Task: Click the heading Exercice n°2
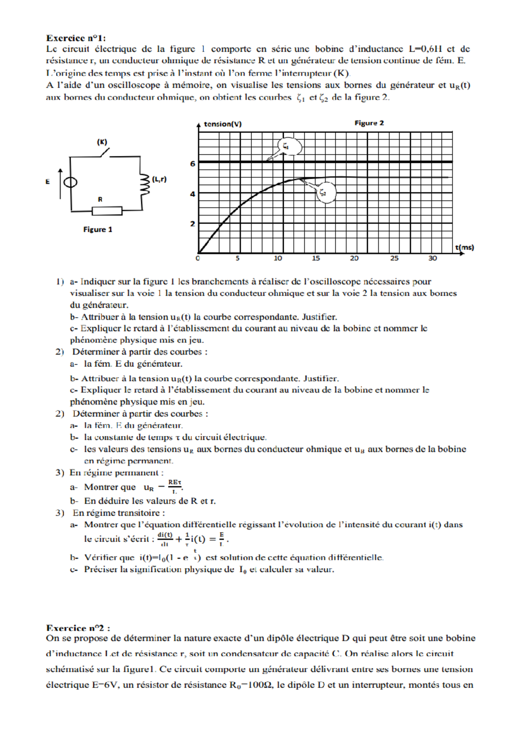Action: point(78,628)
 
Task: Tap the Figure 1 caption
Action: point(98,230)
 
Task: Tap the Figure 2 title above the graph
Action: point(369,123)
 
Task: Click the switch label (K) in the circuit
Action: point(102,142)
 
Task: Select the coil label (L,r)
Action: point(159,179)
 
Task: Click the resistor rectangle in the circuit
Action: point(107,211)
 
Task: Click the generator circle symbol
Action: point(71,182)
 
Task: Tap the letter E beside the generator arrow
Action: point(48,182)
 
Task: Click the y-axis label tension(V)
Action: point(223,124)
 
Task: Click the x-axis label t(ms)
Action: point(465,247)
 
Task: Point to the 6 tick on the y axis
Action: point(192,164)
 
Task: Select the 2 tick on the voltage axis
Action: point(192,224)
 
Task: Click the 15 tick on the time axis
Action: point(316,258)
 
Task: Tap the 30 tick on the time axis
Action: point(432,258)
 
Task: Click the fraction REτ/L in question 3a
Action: point(175,487)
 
